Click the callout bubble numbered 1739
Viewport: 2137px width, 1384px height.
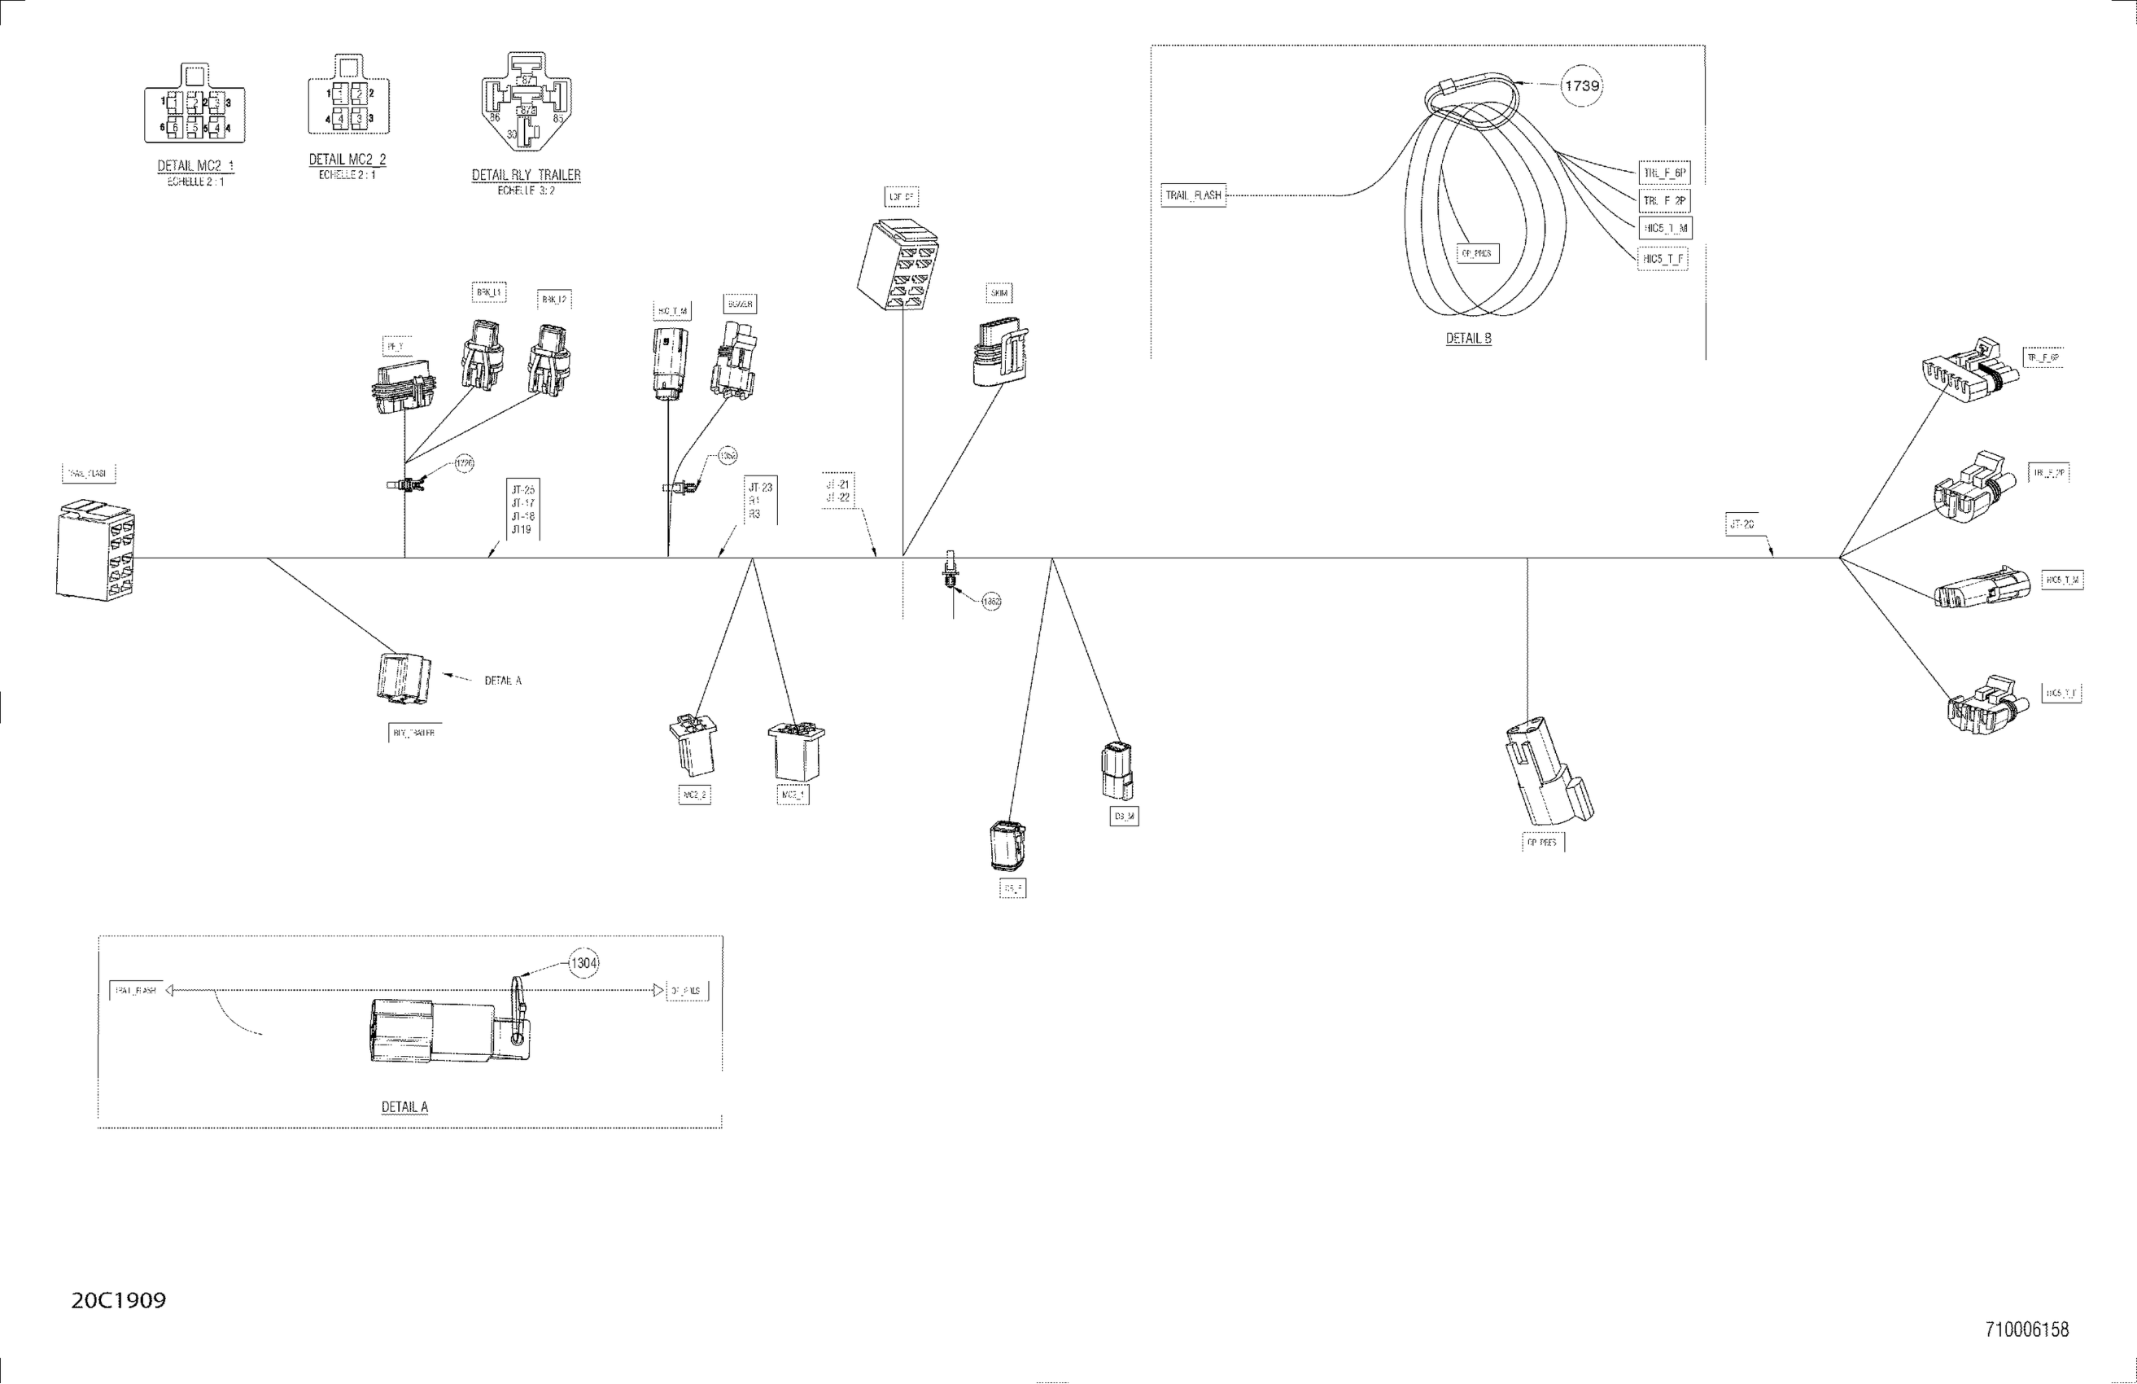[x=1581, y=86]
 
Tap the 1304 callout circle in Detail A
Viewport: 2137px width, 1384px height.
[x=583, y=964]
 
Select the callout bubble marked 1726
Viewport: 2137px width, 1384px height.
[x=463, y=463]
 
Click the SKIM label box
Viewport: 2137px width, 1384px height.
[x=999, y=294]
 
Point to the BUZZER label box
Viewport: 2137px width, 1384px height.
[x=740, y=304]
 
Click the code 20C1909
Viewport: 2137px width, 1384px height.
[x=119, y=1300]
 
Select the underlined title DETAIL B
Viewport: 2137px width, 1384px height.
[x=1468, y=339]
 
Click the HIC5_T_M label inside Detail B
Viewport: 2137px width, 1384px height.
[x=1666, y=228]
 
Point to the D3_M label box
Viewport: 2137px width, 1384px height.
[x=1124, y=817]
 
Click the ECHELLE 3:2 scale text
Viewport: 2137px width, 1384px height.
[x=527, y=191]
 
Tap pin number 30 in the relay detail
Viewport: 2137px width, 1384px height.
[x=512, y=134]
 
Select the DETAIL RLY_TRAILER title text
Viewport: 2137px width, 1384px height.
[x=527, y=175]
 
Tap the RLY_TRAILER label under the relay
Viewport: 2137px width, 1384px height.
[x=414, y=733]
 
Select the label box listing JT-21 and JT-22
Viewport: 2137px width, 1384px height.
[x=837, y=491]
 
